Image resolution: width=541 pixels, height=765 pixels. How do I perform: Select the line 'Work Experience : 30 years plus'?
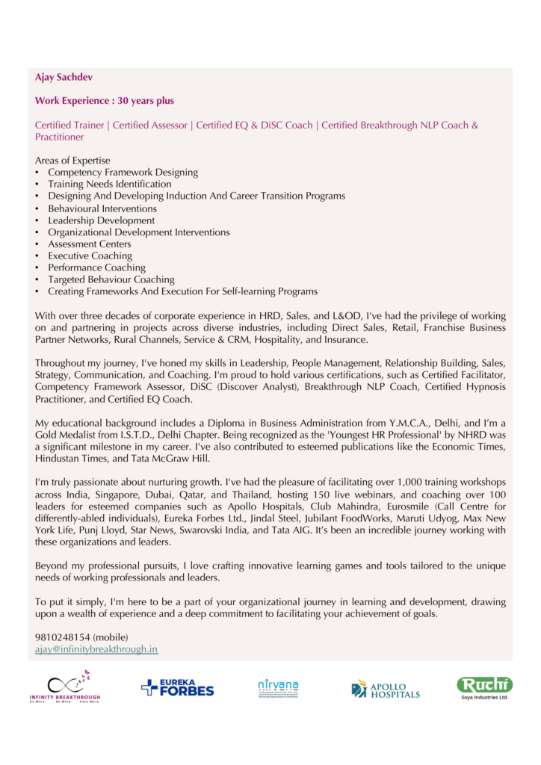[105, 101]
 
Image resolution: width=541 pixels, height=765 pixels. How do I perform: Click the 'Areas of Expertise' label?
[72, 161]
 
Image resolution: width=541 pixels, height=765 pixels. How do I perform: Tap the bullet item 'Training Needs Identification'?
[110, 184]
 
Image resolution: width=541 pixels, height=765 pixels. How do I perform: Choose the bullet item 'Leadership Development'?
[102, 220]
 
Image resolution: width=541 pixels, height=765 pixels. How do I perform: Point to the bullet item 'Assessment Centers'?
[90, 244]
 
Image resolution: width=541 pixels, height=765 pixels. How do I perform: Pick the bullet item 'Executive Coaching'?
[90, 256]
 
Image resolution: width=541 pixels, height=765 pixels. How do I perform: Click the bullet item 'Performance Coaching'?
[97, 267]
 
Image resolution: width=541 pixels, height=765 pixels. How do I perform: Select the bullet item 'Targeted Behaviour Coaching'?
[111, 279]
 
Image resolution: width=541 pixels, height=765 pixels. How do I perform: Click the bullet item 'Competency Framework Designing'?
[123, 173]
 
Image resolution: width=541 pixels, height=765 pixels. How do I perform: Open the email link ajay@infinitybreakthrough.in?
[96, 649]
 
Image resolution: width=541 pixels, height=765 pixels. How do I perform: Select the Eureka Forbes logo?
[177, 687]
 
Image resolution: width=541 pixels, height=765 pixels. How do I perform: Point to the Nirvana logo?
[278, 687]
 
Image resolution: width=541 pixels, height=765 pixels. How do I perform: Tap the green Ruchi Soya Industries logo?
[484, 687]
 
